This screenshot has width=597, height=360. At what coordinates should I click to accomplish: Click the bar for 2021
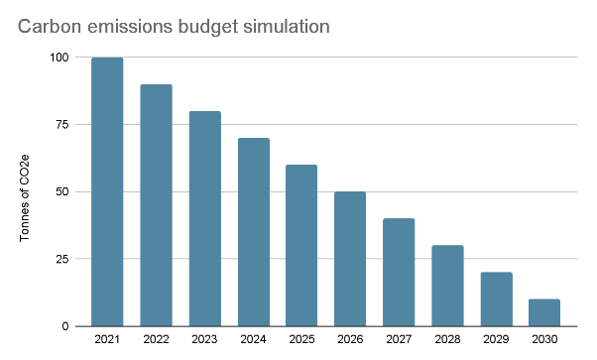(x=107, y=192)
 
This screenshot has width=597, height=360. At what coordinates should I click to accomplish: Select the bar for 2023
(x=204, y=219)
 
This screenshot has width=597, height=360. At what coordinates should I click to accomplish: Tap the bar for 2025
(x=301, y=246)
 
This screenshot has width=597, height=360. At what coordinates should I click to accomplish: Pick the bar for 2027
(x=399, y=273)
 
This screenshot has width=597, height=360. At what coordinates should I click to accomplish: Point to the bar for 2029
(x=496, y=300)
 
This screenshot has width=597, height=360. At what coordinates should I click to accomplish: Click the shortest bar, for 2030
(x=544, y=312)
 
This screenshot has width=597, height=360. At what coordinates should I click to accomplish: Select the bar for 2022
(x=156, y=205)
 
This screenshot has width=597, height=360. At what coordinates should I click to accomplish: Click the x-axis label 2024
(x=253, y=340)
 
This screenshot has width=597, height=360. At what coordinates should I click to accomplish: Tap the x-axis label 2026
(x=350, y=340)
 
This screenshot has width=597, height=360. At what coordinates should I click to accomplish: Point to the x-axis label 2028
(x=447, y=340)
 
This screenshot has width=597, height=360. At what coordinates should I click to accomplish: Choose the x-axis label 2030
(x=544, y=340)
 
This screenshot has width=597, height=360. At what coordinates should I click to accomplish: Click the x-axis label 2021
(x=107, y=340)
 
